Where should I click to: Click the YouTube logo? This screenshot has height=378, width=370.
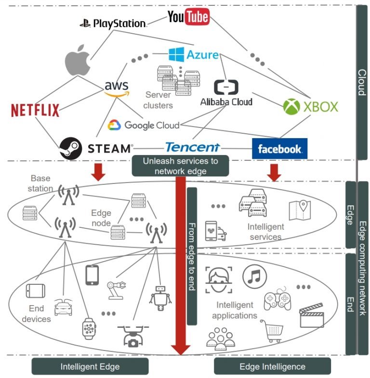(188, 17)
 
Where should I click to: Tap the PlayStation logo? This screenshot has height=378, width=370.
(113, 23)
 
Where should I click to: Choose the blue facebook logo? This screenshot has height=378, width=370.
(279, 149)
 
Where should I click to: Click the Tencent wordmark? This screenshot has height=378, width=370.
(192, 147)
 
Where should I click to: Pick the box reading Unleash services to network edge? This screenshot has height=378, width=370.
(180, 166)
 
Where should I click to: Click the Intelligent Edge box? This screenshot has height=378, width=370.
(90, 366)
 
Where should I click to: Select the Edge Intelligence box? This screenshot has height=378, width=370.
(272, 366)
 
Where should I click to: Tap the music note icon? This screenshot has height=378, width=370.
(255, 276)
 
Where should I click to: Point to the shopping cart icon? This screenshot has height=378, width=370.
(271, 331)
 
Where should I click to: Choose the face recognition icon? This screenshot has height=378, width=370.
(219, 280)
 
